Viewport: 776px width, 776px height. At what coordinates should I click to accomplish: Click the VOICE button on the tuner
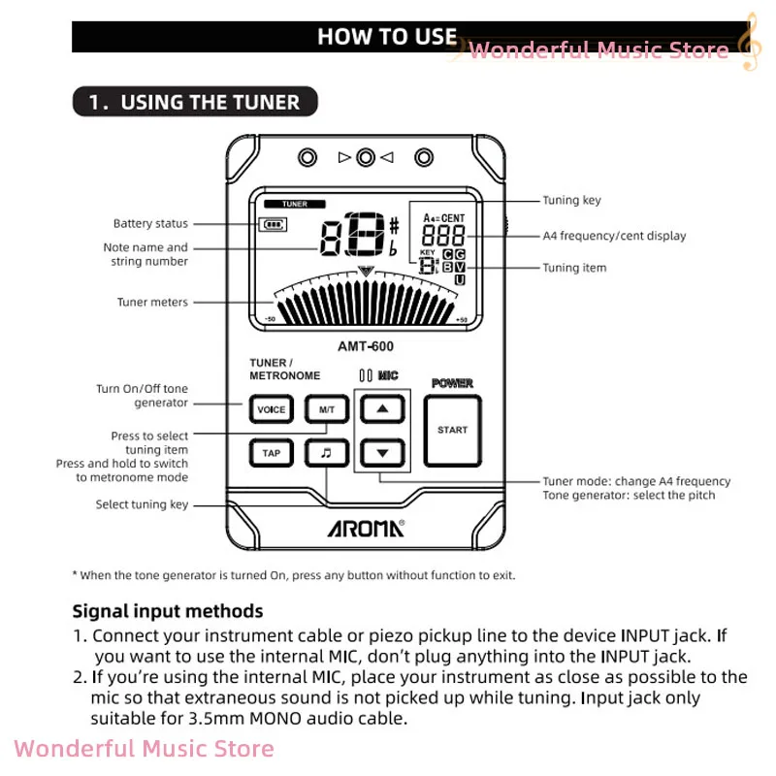click(272, 410)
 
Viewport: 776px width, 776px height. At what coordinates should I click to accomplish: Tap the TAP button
click(272, 453)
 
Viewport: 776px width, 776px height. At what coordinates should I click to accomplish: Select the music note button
click(326, 453)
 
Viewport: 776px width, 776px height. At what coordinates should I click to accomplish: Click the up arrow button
click(382, 409)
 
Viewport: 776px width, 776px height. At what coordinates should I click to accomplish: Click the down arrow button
click(382, 452)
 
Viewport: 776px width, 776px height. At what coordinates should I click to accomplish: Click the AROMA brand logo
click(364, 529)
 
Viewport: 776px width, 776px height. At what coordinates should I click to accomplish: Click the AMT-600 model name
click(365, 345)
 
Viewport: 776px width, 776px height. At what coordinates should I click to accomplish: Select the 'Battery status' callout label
click(150, 224)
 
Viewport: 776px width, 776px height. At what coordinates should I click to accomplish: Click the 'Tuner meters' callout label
click(152, 303)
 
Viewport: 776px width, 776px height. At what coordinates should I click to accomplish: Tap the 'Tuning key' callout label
click(571, 201)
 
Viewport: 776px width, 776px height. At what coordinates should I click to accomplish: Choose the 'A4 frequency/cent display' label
click(614, 236)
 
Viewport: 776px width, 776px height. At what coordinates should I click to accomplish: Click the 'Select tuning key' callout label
click(142, 504)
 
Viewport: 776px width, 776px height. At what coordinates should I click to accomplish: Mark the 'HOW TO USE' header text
click(387, 37)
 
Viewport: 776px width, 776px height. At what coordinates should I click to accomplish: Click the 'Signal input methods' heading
click(168, 611)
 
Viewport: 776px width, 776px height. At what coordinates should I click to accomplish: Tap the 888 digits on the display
click(442, 236)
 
